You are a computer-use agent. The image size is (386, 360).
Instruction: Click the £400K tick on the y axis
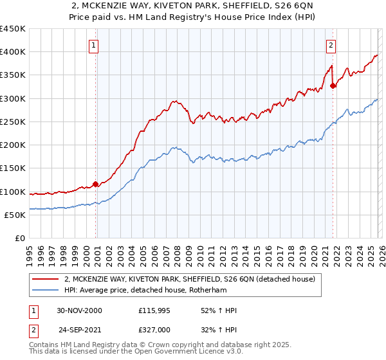click(x=13, y=52)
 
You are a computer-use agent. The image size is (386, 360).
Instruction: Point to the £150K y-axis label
click(x=13, y=168)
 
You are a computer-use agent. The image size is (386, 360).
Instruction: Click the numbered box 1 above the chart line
click(x=94, y=45)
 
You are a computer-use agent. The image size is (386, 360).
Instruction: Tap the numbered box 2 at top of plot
click(x=331, y=45)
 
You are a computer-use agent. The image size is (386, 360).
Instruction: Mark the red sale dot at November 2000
click(x=96, y=184)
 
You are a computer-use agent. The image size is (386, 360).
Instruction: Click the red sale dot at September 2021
click(x=333, y=85)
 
